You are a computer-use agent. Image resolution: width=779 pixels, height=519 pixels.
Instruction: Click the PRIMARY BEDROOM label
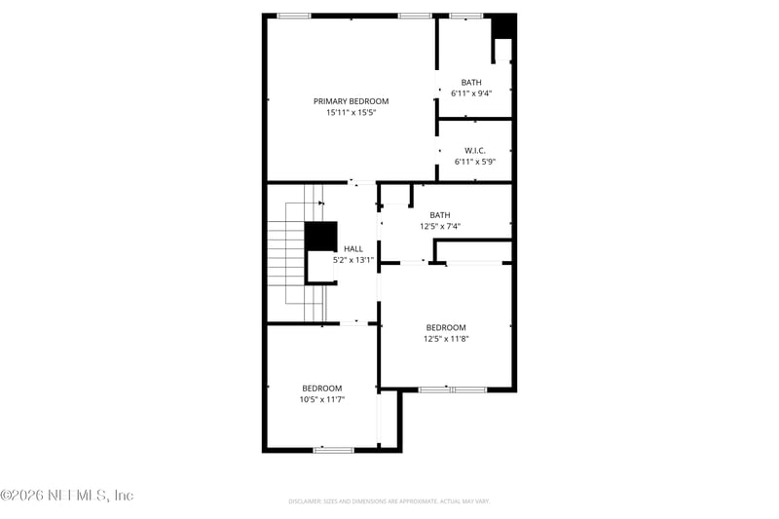(351, 101)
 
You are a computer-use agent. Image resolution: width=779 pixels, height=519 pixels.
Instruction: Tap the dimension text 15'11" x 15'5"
(351, 113)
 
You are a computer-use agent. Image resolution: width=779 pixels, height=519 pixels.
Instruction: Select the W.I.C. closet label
(474, 150)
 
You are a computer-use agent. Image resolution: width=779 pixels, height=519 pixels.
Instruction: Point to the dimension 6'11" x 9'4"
(471, 93)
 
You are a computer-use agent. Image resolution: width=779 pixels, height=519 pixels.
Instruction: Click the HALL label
(352, 249)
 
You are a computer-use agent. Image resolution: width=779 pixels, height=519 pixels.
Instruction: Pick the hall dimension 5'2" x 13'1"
(352, 260)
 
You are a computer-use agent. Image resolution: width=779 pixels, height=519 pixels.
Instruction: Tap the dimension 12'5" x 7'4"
(440, 226)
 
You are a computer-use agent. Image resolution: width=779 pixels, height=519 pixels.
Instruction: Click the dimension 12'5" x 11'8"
(446, 339)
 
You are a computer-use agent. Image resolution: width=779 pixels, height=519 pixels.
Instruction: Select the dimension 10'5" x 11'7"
(321, 398)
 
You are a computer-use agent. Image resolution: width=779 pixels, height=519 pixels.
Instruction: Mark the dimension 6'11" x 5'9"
(474, 162)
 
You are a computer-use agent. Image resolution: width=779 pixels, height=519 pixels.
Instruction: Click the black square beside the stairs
(320, 237)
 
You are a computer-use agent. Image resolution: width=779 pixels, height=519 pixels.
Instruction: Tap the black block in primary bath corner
(502, 27)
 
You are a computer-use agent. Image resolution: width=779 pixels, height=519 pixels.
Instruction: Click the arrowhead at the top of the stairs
(320, 204)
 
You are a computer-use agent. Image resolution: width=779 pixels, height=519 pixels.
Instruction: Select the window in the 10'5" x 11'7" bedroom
(333, 450)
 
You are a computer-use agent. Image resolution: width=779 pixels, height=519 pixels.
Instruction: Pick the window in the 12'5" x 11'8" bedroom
(452, 389)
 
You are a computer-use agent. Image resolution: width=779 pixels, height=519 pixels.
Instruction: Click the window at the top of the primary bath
(465, 16)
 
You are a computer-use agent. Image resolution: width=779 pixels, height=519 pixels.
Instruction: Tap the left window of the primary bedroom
(294, 16)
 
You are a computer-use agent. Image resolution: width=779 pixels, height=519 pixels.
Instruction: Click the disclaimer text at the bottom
(389, 501)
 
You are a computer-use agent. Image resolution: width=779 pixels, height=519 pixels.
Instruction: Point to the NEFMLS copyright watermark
(67, 496)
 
